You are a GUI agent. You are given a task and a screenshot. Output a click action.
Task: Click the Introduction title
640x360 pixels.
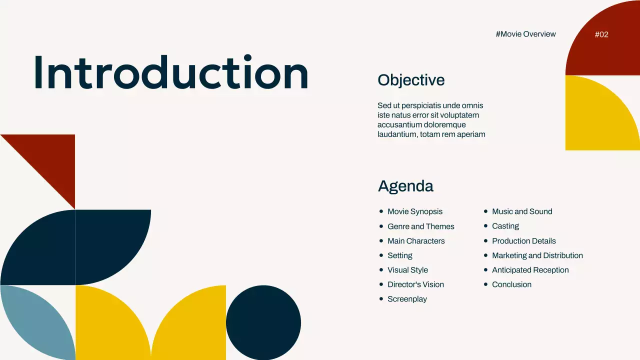pos(171,73)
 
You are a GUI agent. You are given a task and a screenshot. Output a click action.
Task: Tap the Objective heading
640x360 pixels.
pos(411,80)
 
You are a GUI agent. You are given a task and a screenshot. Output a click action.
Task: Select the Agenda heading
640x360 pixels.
pos(405,186)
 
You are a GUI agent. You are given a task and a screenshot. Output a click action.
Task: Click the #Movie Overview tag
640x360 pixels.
pos(525,34)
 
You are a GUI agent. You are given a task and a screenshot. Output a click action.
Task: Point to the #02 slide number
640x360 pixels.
pos(601,34)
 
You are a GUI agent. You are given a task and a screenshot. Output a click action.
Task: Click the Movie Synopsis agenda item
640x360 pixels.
pos(415,211)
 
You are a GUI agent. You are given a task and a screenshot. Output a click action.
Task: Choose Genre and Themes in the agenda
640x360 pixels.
pos(421,226)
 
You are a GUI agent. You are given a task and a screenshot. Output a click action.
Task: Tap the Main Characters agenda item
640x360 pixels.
pos(416,241)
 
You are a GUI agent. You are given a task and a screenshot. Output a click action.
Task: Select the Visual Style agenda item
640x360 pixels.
pos(407,270)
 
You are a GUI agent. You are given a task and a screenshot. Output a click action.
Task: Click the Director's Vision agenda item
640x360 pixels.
pos(415,284)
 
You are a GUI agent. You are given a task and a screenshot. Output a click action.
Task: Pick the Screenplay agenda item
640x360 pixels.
pos(407,299)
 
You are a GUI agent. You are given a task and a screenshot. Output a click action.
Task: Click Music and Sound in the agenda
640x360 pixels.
pos(522,211)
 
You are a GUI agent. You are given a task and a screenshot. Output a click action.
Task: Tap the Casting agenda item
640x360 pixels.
pos(505,226)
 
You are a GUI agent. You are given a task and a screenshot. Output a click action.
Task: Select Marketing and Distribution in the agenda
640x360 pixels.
pos(537,255)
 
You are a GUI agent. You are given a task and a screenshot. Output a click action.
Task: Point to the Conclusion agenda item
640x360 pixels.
pos(511,284)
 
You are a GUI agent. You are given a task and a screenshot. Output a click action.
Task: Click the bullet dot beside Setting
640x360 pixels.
pos(381,255)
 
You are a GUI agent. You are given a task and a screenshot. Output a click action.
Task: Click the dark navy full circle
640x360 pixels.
pos(263,322)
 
